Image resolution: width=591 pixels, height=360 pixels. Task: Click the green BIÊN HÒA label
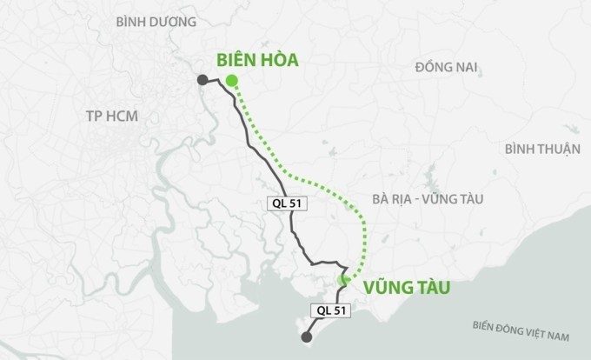pos(258,60)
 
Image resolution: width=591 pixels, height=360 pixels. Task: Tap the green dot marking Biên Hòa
pos(231,81)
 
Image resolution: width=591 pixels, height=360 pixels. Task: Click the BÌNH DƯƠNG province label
pos(156,22)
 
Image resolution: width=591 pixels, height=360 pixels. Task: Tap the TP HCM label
pos(114,117)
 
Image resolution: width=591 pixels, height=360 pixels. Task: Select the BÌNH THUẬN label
pos(541,149)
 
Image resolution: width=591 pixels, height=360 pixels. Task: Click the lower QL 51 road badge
pos(331,310)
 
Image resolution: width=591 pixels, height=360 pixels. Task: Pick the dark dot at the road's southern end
pos(305,337)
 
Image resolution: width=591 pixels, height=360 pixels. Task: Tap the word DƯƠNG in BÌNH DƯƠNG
pos(174,22)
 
